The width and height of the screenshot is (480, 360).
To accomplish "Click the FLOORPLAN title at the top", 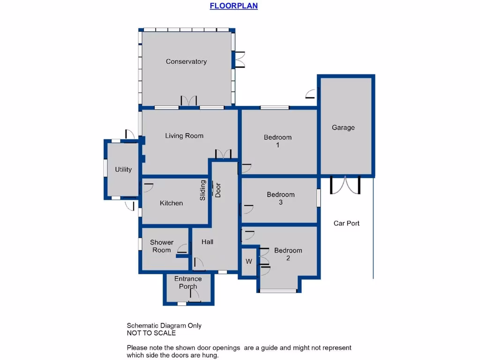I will [233, 6].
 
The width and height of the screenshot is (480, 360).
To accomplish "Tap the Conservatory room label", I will [186, 61].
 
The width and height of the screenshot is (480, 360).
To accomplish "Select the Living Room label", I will [184, 136].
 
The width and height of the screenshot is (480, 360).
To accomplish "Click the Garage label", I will [343, 127].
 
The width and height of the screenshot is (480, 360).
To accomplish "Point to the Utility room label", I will [123, 170].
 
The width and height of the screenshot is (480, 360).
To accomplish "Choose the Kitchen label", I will [171, 203].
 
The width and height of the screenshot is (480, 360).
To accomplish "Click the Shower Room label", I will [162, 246].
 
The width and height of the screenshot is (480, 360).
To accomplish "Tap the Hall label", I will [207, 242].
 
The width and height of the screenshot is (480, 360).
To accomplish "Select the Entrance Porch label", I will [188, 283].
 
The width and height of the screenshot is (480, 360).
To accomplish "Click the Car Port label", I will [346, 223].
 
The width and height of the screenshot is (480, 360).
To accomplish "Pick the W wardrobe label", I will [249, 261].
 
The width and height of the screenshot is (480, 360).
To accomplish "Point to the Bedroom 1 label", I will [277, 141].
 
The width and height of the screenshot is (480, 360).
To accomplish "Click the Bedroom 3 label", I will [280, 198].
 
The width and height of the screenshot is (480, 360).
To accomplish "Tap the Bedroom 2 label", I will [288, 254].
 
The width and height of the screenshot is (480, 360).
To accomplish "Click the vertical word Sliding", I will [203, 190].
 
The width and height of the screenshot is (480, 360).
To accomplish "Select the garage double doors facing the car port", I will [345, 185].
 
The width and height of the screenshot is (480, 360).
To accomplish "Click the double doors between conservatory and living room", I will [189, 101].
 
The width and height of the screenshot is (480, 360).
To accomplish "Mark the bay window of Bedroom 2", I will [278, 291].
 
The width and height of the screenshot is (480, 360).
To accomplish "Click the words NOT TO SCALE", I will [151, 333].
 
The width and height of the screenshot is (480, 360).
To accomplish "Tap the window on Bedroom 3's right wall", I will [318, 198].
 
